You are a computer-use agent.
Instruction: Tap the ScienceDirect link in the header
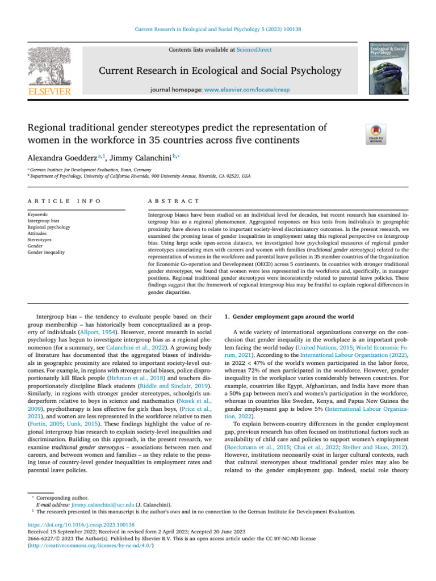[254, 50]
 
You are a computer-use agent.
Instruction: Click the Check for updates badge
[378, 134]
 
